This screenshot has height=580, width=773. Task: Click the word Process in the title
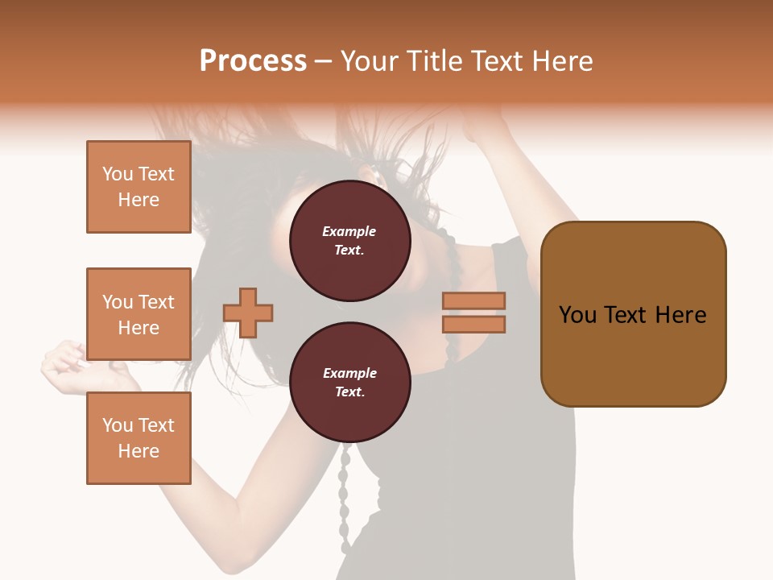(253, 61)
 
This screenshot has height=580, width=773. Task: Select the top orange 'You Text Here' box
(138, 187)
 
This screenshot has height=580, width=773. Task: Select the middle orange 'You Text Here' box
(138, 314)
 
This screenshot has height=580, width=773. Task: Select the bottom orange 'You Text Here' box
(138, 438)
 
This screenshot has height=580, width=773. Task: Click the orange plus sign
(248, 313)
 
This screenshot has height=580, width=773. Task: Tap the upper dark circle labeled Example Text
(349, 241)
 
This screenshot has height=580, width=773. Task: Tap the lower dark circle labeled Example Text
(349, 383)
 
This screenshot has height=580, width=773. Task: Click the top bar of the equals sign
(473, 300)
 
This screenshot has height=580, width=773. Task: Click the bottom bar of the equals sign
(473, 325)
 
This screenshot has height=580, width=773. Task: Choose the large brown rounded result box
(633, 314)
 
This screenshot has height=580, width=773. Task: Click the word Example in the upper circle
(349, 232)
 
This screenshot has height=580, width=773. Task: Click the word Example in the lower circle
(349, 374)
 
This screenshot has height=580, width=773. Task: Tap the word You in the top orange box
(118, 174)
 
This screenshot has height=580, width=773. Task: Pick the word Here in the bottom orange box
(138, 451)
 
